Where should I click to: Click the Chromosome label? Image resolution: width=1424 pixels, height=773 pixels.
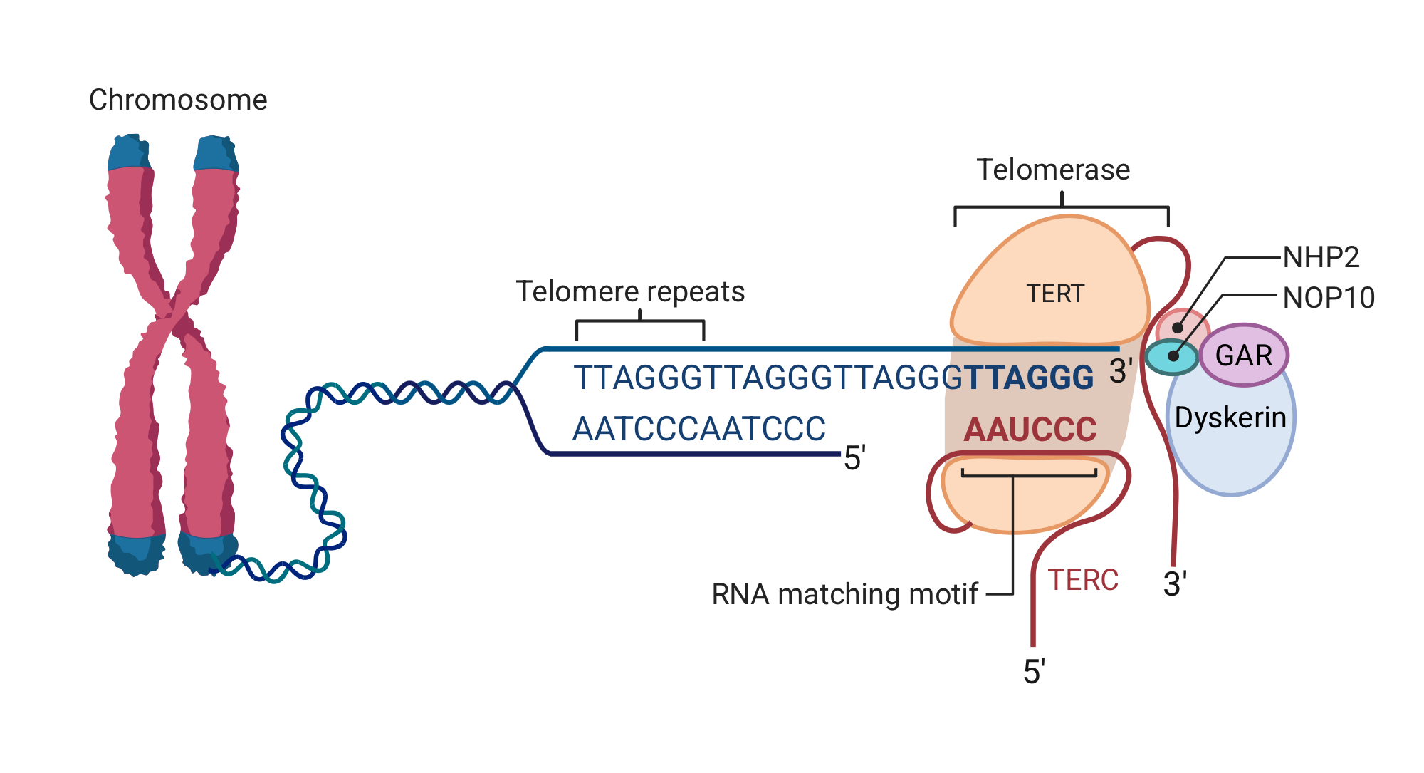coord(178,100)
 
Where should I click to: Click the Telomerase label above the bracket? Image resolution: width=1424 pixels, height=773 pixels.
coord(1053,170)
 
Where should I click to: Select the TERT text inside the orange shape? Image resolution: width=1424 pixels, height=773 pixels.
coord(1054,294)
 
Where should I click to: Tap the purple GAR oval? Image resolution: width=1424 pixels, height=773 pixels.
coord(1244,355)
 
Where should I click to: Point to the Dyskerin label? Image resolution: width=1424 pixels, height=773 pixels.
coord(1230,417)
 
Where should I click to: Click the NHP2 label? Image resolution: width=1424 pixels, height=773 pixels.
coord(1321,257)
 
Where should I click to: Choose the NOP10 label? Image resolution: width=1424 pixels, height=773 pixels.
coord(1329,298)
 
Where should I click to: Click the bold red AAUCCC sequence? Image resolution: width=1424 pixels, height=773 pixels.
coord(1030,430)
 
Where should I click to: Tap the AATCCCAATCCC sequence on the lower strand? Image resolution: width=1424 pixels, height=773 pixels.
coord(698,429)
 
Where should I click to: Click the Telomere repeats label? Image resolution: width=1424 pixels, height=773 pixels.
coord(630,291)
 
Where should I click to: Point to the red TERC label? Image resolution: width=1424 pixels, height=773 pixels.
coord(1083,580)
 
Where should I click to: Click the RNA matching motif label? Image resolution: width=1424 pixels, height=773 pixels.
coord(844,594)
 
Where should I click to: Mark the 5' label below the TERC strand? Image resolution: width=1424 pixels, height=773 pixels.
coord(1034,672)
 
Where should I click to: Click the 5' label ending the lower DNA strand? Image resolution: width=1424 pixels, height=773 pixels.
coord(854,458)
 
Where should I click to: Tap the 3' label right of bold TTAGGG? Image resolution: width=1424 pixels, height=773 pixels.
coord(1121,371)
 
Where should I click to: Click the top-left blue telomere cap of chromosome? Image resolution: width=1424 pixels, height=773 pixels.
coord(129,152)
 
